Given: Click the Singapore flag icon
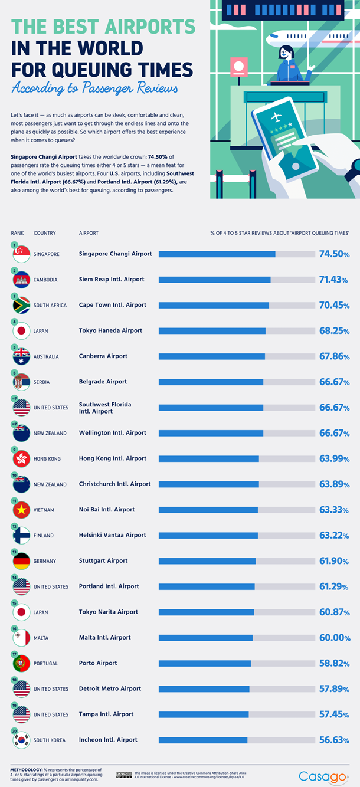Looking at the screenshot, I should (21, 254).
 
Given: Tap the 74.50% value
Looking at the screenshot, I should (335, 254).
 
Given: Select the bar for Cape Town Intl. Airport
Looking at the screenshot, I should (237, 305).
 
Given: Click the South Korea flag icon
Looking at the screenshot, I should (21, 740).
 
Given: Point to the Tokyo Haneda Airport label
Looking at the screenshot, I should (110, 330).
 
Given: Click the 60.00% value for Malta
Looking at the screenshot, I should (335, 638).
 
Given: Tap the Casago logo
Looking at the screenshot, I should (323, 776).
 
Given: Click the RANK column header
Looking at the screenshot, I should (17, 233).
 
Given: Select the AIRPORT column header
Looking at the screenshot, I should (89, 233).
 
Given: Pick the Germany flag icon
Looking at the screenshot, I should (21, 561).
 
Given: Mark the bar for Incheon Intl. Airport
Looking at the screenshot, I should (237, 740).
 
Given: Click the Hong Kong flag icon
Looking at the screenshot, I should (21, 459).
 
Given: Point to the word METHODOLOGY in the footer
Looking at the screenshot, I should (26, 770).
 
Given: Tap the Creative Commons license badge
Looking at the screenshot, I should (124, 775).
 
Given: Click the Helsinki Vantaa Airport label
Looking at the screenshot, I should (112, 535).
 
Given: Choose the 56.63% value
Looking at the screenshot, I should (335, 740).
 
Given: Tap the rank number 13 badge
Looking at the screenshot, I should (14, 552).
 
